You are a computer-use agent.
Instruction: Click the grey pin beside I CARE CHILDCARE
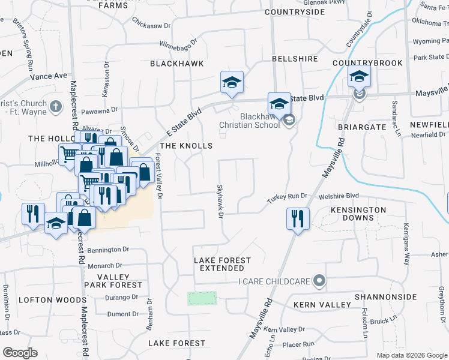point(319,280)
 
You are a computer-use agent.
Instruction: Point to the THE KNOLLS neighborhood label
point(186,146)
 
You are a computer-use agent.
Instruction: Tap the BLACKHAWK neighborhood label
point(176,63)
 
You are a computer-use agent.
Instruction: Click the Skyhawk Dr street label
point(220,201)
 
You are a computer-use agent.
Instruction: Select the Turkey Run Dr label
point(287,196)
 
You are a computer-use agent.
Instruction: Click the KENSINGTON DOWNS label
point(358,214)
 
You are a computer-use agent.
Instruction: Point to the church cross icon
point(55,106)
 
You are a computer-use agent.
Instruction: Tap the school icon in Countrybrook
point(359,76)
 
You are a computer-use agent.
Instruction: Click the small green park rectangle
point(202,298)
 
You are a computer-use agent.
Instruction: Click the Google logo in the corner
point(20,353)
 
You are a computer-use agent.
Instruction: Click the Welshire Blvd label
point(339,195)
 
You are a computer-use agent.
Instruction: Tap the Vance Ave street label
point(49,76)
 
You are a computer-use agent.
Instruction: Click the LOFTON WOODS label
point(44,299)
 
